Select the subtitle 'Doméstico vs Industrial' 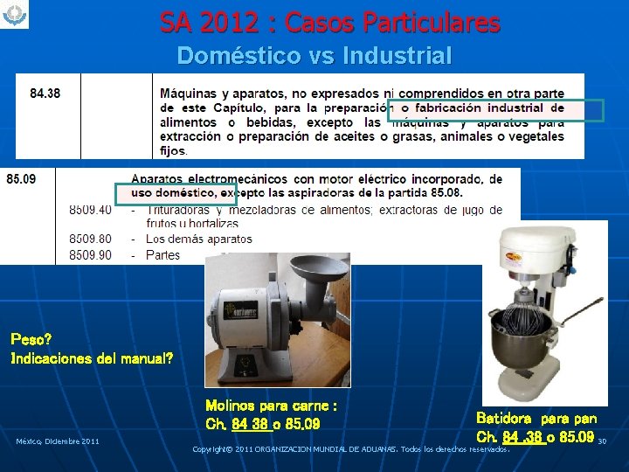(x=314, y=56)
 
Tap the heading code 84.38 (x=45, y=94)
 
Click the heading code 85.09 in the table (x=21, y=179)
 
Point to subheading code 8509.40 (x=90, y=210)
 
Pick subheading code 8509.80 (x=90, y=239)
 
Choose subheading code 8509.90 (x=90, y=255)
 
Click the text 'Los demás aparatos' (x=198, y=239)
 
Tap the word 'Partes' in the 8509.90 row (x=162, y=255)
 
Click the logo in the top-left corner (x=15, y=15)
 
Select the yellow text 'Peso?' (x=31, y=338)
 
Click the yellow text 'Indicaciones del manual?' (x=92, y=358)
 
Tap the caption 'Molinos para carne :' (x=271, y=406)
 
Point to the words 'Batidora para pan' (x=536, y=419)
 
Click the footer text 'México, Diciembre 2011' (x=57, y=441)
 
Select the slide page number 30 (x=602, y=441)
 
